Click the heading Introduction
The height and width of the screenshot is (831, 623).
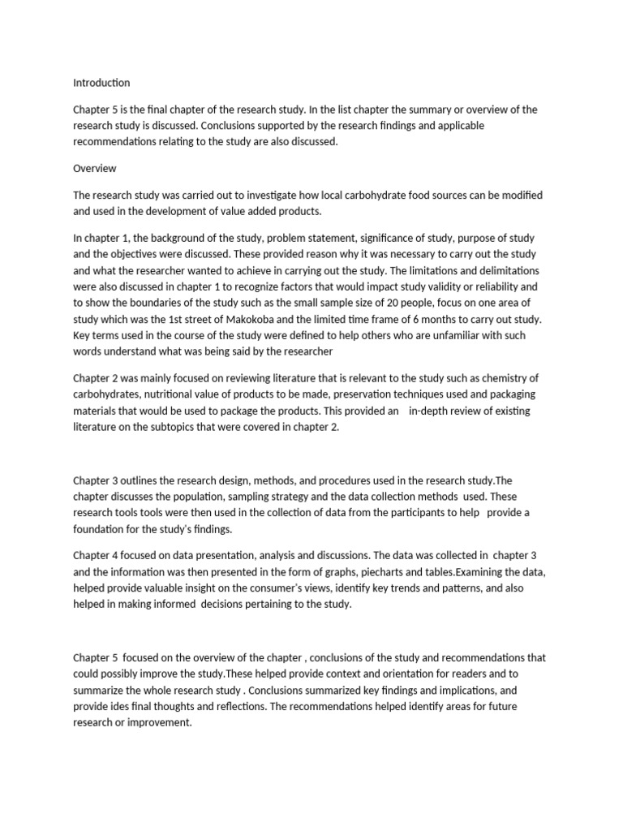tap(101, 82)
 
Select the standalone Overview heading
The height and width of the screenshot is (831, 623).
tap(95, 169)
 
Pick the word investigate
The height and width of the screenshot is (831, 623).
tap(273, 196)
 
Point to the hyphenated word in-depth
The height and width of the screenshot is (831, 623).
tap(436, 411)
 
